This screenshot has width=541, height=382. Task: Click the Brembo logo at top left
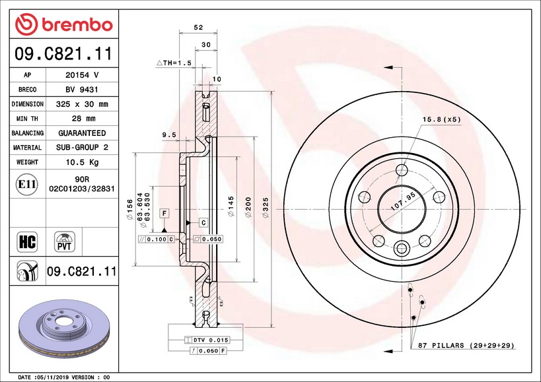click(64, 24)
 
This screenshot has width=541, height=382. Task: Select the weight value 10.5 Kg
click(82, 162)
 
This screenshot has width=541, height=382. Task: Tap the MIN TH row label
click(27, 119)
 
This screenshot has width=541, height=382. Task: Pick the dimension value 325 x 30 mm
click(82, 104)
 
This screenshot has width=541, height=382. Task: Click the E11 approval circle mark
click(27, 184)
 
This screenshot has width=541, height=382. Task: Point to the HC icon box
click(27, 241)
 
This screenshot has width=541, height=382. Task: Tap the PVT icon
click(65, 241)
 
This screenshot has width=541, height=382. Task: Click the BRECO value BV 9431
click(82, 90)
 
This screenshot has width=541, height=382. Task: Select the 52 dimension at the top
click(198, 27)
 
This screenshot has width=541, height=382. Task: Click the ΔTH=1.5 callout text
click(174, 63)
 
